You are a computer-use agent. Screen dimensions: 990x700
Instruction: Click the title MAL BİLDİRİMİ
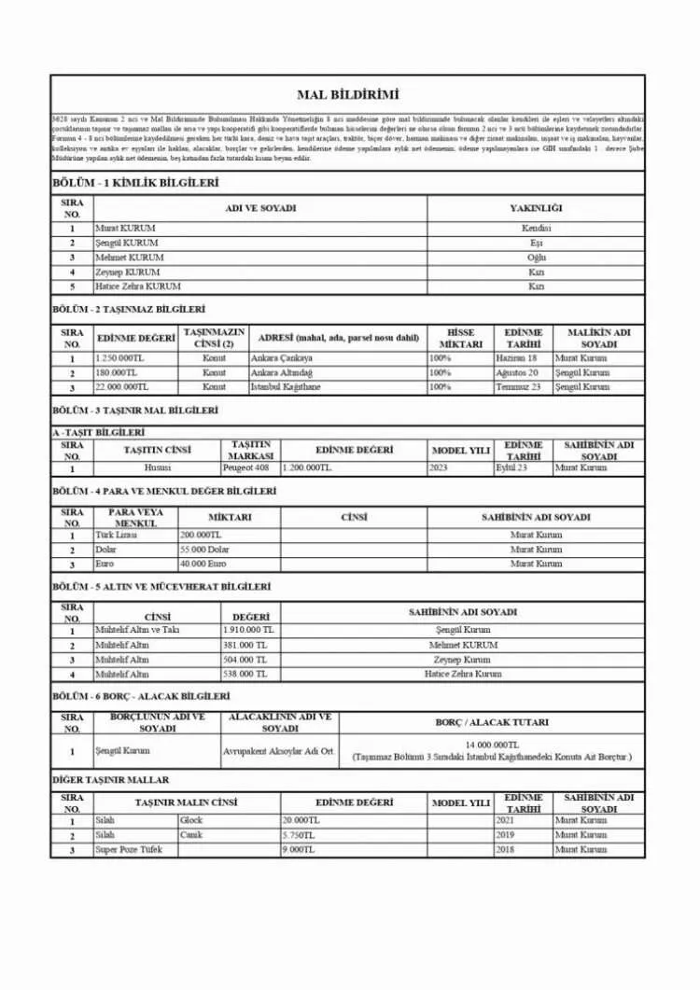click(x=347, y=95)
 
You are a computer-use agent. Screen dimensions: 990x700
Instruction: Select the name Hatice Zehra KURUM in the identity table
click(x=138, y=286)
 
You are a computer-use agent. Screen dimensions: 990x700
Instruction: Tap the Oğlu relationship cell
click(x=536, y=258)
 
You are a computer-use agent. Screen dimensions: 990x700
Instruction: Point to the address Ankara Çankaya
click(x=282, y=358)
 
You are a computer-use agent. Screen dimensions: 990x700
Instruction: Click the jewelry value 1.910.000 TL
click(x=249, y=630)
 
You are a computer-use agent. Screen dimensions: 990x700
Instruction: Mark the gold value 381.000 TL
click(x=245, y=645)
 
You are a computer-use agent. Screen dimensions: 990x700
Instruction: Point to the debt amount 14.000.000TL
click(x=492, y=745)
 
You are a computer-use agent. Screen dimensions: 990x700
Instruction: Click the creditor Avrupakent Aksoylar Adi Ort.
click(x=279, y=751)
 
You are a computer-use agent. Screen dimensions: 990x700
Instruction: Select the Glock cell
click(x=191, y=820)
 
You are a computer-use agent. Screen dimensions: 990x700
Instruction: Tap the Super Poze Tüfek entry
click(x=127, y=850)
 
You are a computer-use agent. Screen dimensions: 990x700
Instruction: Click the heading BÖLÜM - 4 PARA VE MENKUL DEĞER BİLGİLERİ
click(x=164, y=491)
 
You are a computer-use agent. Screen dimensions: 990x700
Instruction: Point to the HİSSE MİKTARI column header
click(x=460, y=338)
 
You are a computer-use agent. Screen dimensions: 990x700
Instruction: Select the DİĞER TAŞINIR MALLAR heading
click(x=110, y=779)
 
